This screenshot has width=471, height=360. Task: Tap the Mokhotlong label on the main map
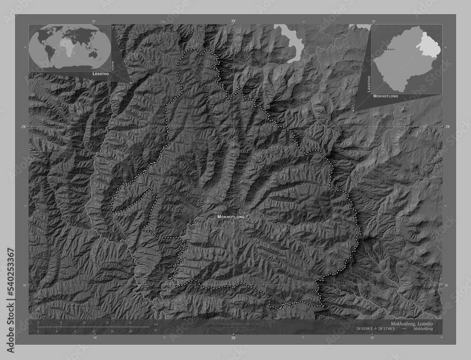pyautogui.click(x=231, y=216)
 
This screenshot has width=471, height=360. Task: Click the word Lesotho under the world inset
pyautogui.click(x=99, y=74)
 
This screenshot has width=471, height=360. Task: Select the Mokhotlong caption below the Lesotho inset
pyautogui.click(x=386, y=96)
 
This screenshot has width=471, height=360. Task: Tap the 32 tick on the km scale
pyautogui.click(x=130, y=323)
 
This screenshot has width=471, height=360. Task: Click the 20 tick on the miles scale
pyautogui.click(x=130, y=331)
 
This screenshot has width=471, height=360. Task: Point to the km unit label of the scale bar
pyautogui.click(x=155, y=324)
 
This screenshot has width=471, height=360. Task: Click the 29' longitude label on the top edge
pyautogui.click(x=233, y=21)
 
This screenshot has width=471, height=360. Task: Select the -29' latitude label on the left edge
pyautogui.click(x=24, y=127)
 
